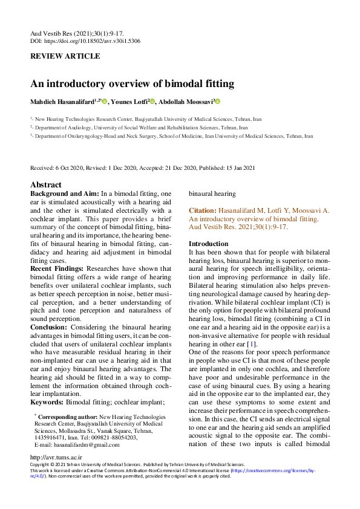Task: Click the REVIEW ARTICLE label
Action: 65,56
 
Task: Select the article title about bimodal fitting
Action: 132,84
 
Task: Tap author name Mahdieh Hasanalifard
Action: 64,102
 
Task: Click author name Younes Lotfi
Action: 129,102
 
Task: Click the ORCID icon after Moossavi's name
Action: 218,102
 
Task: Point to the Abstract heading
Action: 46,185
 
